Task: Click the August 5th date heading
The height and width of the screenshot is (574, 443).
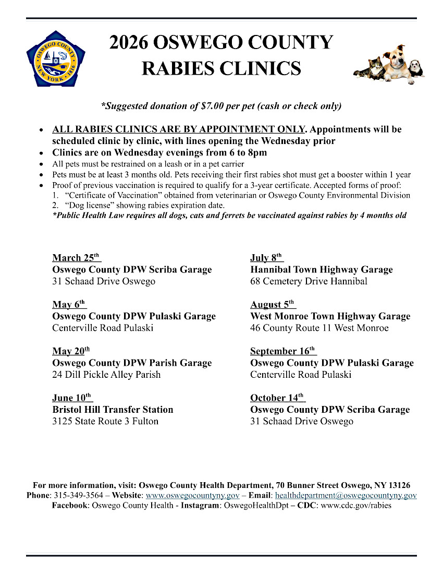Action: (273, 304)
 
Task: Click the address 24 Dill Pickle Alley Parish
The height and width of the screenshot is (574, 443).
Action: (106, 375)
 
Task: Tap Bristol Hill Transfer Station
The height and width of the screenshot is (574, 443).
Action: (113, 410)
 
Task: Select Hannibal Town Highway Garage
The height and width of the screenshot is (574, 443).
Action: (322, 270)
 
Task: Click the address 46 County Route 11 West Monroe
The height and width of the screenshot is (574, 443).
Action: (319, 328)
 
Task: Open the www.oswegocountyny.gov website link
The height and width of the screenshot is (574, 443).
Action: (192, 495)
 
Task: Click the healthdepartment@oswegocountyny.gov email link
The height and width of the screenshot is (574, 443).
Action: (346, 495)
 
